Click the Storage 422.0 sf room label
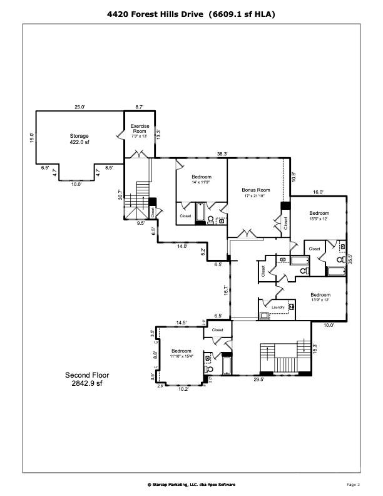[x=79, y=139]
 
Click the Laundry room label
[x=278, y=307]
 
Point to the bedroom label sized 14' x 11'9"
[x=202, y=178]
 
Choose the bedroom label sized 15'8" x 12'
[x=319, y=215]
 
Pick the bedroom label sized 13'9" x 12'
[x=320, y=297]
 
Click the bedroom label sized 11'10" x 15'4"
[x=181, y=353]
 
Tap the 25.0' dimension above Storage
[x=79, y=107]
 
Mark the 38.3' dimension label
[x=222, y=153]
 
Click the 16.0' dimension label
[x=318, y=192]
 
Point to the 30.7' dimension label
[x=120, y=195]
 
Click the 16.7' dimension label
[x=225, y=290]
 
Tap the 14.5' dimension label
[x=181, y=322]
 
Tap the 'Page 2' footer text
[x=354, y=484]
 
